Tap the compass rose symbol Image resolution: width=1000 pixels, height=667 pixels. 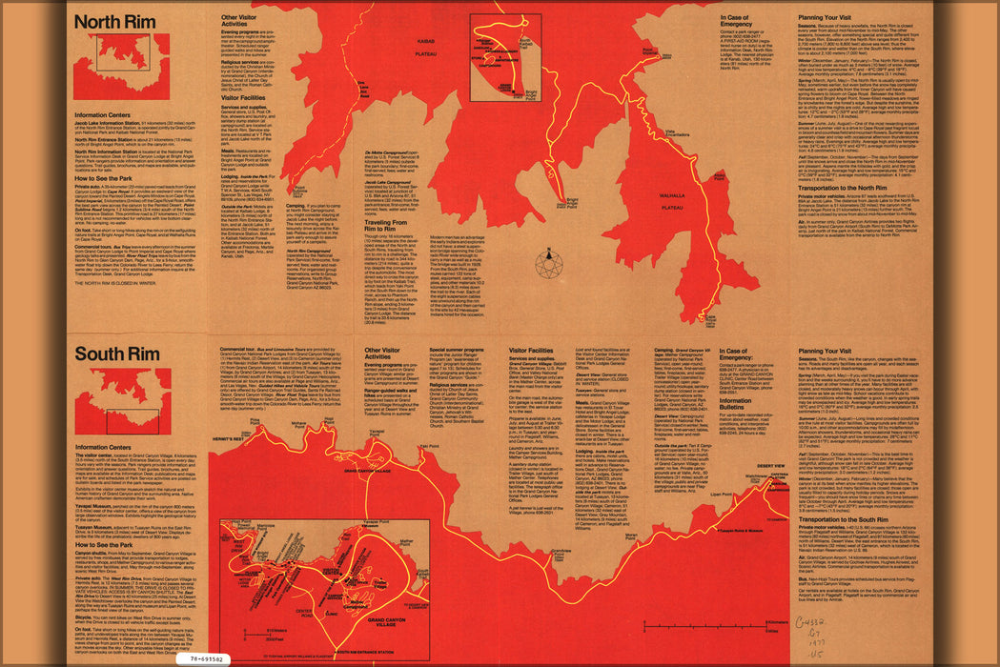[549, 262]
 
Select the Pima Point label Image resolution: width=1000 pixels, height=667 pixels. [255, 419]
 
